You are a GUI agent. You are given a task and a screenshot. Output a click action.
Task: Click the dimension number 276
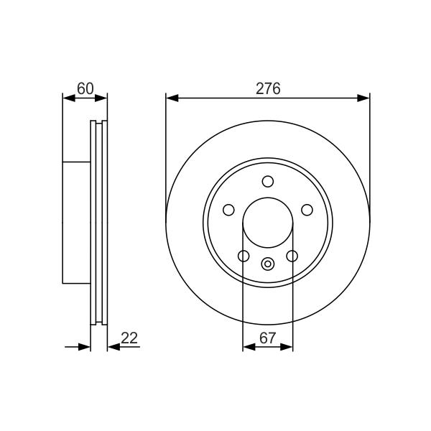pyautogui.click(x=268, y=88)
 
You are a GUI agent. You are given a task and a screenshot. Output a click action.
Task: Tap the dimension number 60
pyautogui.click(x=85, y=88)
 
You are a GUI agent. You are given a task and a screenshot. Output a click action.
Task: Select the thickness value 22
pyautogui.click(x=129, y=338)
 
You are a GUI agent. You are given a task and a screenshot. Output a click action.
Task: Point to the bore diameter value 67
pyautogui.click(x=267, y=338)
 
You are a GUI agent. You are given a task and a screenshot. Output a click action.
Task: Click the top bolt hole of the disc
pyautogui.click(x=268, y=182)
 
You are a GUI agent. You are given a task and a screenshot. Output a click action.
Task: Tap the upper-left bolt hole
pyautogui.click(x=228, y=210)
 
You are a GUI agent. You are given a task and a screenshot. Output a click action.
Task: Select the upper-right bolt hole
pyautogui.click(x=307, y=210)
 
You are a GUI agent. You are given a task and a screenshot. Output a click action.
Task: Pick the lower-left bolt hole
pyautogui.click(x=244, y=256)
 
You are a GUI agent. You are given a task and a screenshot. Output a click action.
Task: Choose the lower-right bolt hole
pyautogui.click(x=292, y=256)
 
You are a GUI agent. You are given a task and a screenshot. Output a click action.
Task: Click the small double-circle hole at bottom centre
pyautogui.click(x=268, y=264)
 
